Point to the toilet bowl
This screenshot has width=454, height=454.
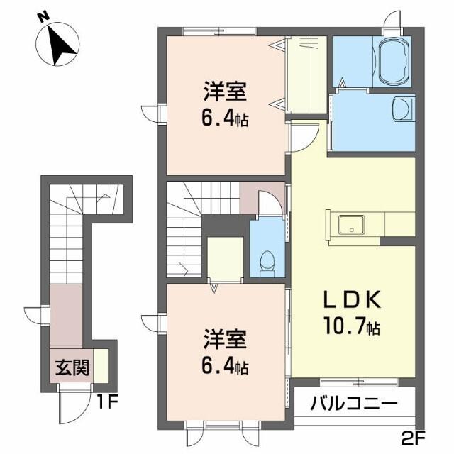267,260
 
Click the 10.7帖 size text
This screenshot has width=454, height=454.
353,328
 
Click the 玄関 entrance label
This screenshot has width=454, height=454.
72,367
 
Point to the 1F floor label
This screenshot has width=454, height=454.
107,406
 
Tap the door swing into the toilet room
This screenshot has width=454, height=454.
268,203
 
